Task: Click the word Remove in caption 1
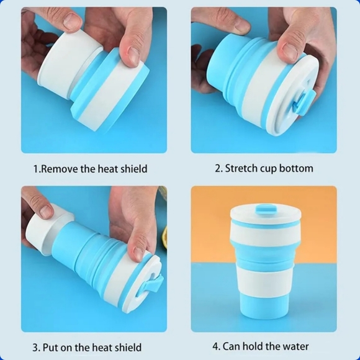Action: coord(60,169)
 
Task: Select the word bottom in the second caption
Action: coord(296,168)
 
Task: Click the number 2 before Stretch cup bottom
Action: coord(218,168)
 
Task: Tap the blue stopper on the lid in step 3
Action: coord(151,284)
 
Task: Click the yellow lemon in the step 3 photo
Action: coord(164,235)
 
